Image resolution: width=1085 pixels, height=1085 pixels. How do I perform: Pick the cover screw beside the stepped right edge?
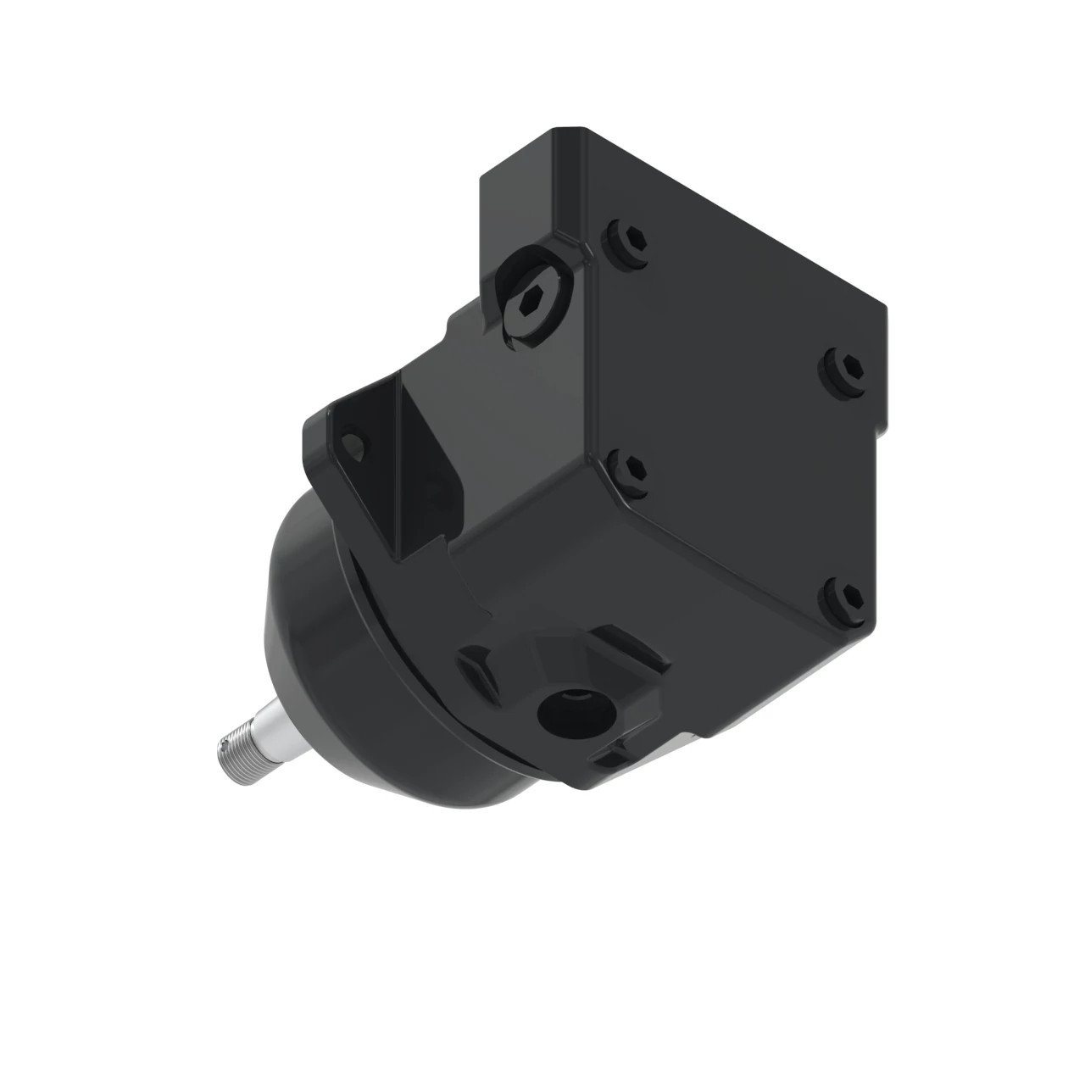[x=843, y=367]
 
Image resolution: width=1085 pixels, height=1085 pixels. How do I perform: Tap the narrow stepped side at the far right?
[x=882, y=373]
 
